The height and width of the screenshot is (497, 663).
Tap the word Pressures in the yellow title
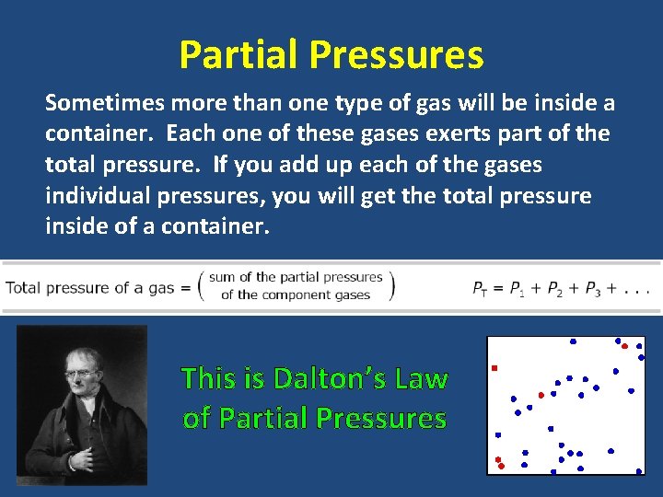[396, 55]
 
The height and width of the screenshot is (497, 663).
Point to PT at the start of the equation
[481, 288]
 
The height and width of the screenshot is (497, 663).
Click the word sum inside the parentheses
[221, 277]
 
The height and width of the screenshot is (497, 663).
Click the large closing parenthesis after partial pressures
[390, 285]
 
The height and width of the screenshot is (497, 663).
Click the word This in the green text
[209, 378]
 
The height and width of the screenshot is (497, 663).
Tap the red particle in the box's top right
[624, 346]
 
